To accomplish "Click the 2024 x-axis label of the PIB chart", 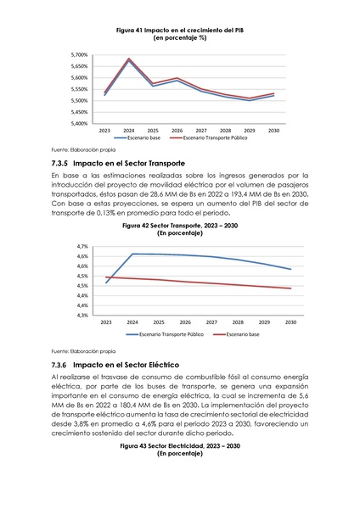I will (x=128, y=131).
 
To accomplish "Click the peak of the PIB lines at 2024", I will (x=128, y=59).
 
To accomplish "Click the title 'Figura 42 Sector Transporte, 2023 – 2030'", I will (x=179, y=227).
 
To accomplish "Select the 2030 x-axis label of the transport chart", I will (x=290, y=323).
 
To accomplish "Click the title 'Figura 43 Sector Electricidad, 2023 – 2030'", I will (x=179, y=446).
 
